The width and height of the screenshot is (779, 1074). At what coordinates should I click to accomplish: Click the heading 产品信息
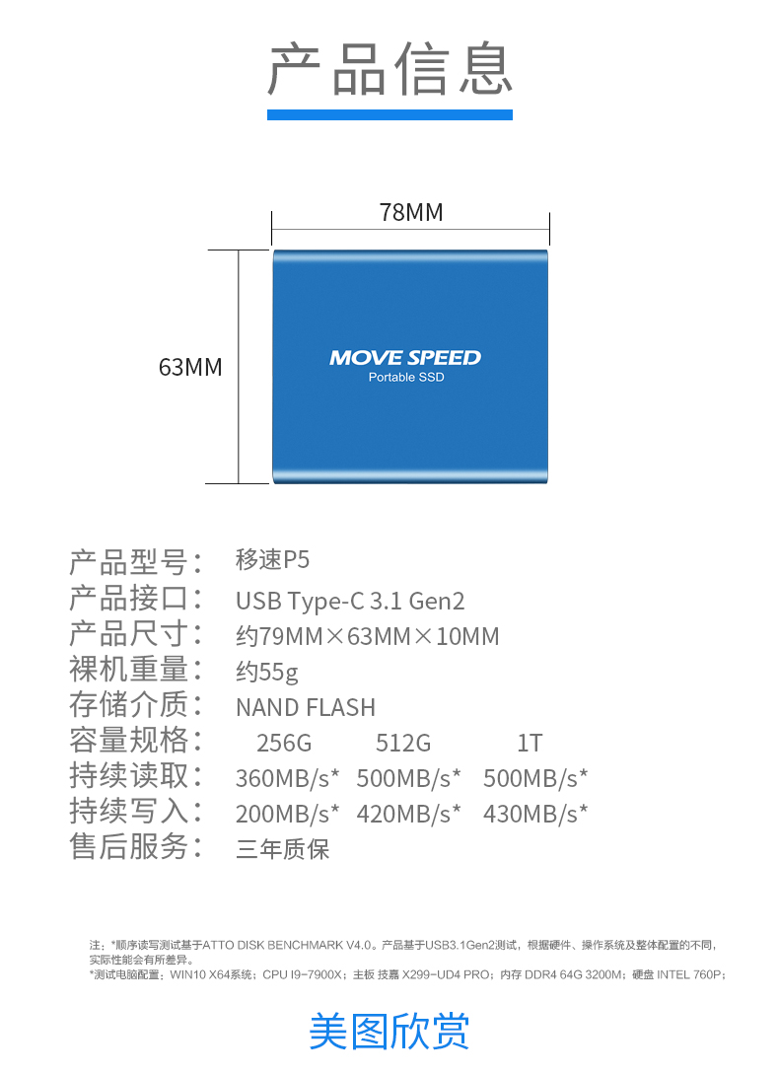pyautogui.click(x=389, y=68)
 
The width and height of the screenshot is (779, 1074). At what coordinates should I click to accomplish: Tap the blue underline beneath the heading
pyautogui.click(x=389, y=115)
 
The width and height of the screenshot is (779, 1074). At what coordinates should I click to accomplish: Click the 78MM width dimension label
pyautogui.click(x=411, y=212)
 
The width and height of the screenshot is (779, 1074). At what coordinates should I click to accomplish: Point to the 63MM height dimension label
pyautogui.click(x=190, y=367)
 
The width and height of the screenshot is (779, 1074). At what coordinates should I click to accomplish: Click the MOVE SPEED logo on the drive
pyautogui.click(x=405, y=358)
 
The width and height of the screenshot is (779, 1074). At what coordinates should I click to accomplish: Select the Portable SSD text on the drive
pyautogui.click(x=406, y=378)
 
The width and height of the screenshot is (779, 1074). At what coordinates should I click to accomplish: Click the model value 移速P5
pyautogui.click(x=273, y=560)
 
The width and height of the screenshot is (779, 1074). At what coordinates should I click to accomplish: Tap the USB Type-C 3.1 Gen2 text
pyautogui.click(x=350, y=601)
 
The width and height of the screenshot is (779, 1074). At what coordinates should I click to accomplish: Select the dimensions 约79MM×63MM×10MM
pyautogui.click(x=367, y=636)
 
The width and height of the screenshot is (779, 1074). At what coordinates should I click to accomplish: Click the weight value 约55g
pyautogui.click(x=267, y=672)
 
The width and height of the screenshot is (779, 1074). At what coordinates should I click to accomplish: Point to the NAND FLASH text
pyautogui.click(x=306, y=707)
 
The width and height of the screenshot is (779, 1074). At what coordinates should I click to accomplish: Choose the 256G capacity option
pyautogui.click(x=284, y=744)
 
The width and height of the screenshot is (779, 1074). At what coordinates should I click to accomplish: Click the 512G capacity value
pyautogui.click(x=403, y=744)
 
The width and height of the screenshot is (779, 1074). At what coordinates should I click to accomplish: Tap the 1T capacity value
pyautogui.click(x=530, y=744)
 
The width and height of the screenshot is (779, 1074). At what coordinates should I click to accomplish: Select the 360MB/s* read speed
pyautogui.click(x=287, y=779)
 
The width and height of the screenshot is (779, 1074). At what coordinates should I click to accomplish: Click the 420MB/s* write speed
pyautogui.click(x=408, y=815)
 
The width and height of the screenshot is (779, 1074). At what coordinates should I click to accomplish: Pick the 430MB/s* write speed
pyautogui.click(x=535, y=815)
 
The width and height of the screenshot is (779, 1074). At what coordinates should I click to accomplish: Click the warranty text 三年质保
pyautogui.click(x=282, y=849)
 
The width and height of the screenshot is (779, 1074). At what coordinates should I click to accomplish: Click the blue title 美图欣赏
pyautogui.click(x=389, y=1031)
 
